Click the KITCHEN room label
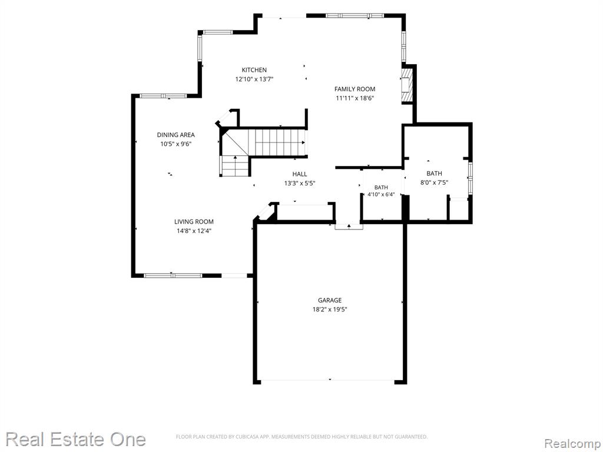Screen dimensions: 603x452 [x=254, y=70]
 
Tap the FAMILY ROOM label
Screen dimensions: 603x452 [x=354, y=89]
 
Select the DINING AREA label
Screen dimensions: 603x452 [x=175, y=135]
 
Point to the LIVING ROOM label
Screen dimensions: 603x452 [x=194, y=222]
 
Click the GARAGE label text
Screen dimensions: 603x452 [x=330, y=300]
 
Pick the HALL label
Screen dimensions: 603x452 [x=300, y=174]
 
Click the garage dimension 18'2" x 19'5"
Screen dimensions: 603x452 [x=330, y=310]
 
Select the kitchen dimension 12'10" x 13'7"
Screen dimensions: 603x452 [x=254, y=79]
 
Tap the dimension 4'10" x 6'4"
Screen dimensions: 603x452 [x=381, y=194]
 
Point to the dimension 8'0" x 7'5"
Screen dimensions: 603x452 [x=434, y=183]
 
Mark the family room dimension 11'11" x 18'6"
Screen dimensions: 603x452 [x=355, y=98]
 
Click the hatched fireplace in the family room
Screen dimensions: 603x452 [x=407, y=86]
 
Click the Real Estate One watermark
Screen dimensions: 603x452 [x=75, y=439]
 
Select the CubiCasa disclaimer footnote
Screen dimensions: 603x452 [x=301, y=437]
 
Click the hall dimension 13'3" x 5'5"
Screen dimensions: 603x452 [x=300, y=184]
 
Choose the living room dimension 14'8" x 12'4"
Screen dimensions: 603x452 [x=194, y=231]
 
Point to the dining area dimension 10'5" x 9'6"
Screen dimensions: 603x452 [x=175, y=144]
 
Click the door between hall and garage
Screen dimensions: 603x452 [x=349, y=227]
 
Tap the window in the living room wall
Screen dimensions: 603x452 [x=173, y=275]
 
